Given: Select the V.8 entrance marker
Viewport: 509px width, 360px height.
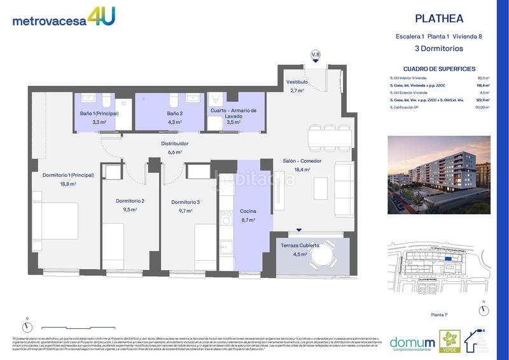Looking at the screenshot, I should tap(316, 55).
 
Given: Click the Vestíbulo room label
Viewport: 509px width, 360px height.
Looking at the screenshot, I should tap(297, 83).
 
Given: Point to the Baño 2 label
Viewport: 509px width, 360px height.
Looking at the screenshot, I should tap(175, 113).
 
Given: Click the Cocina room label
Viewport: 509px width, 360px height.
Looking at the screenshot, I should tap(248, 211).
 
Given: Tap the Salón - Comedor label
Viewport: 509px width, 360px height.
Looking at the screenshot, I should tap(302, 162).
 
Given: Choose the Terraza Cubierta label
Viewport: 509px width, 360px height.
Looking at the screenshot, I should tap(300, 245).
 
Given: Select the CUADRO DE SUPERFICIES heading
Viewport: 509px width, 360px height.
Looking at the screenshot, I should tap(439, 69).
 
